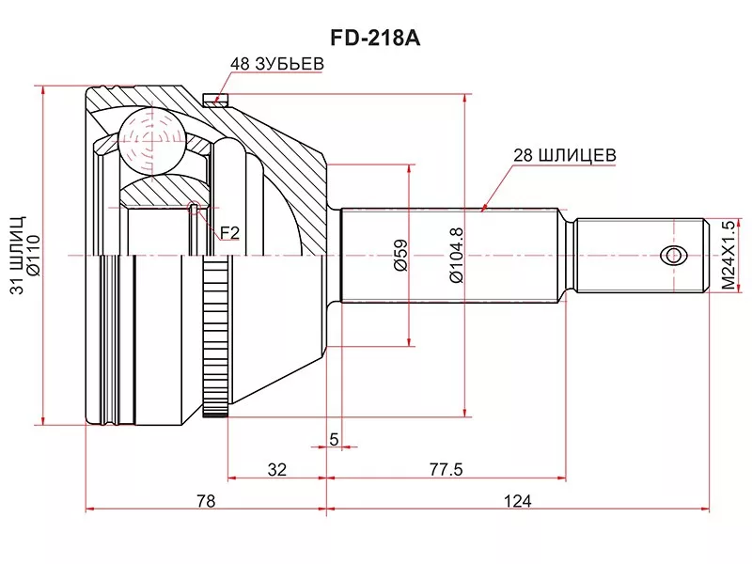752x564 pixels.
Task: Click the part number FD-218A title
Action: pos(375,39)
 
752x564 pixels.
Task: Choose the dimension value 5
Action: pos(334,439)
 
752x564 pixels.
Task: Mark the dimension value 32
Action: pos(276,469)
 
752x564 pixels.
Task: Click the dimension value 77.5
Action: pos(446,469)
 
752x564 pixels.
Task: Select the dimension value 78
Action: pos(206,501)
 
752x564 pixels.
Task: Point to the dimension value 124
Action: pos(517,501)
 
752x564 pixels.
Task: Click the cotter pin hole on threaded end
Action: pos(672,255)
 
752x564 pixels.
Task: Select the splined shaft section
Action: pos(451,255)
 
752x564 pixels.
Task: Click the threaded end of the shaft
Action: pos(639,255)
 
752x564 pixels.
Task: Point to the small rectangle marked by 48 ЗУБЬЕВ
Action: pos(216,100)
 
